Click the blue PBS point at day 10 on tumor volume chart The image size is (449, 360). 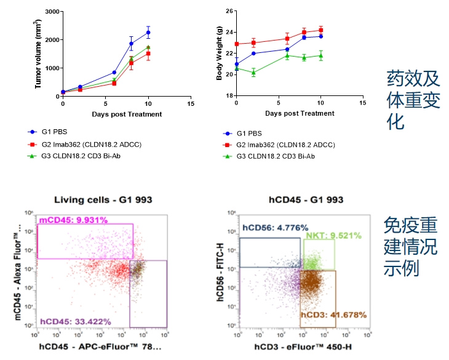point(148,33)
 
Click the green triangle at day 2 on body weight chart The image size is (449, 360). point(253,73)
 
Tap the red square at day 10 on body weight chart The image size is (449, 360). point(320,30)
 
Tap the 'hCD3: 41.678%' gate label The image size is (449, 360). point(333,314)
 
